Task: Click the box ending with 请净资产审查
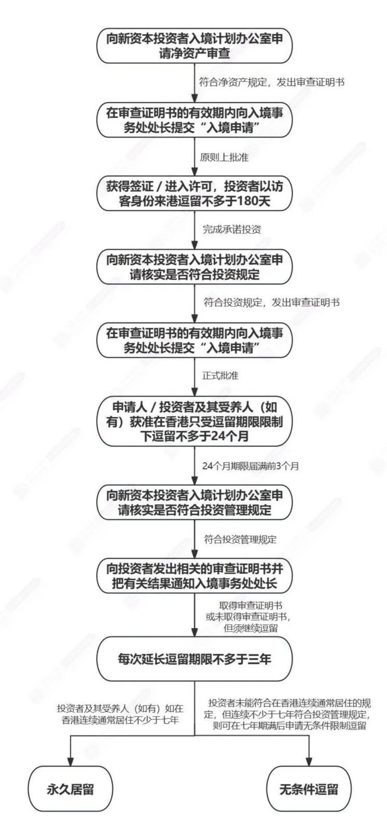coord(195,46)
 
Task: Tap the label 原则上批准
coord(224,158)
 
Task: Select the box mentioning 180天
coord(195,193)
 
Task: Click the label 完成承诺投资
coord(231,229)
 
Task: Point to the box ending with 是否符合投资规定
coord(195,266)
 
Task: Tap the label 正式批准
coord(220,375)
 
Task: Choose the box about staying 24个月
coord(195,421)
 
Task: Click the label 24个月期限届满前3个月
coord(251,466)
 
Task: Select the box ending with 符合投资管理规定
coord(195,502)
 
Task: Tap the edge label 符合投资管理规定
coord(240,539)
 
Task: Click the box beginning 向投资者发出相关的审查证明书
coord(195,576)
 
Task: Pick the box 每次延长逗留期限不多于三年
coord(195,659)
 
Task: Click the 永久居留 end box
coord(70,789)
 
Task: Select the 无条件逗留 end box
coord(309,789)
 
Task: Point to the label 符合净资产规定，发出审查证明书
coord(272,82)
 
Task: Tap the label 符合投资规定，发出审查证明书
coord(272,302)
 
